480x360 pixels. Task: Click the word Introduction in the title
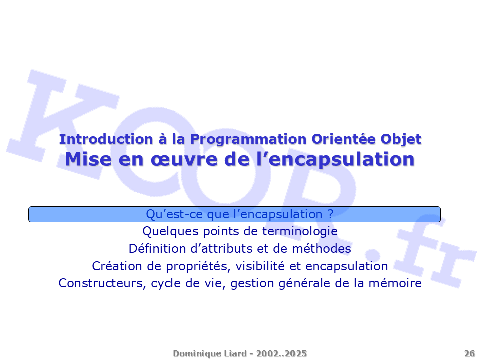(106, 139)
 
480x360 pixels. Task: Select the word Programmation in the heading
(248, 140)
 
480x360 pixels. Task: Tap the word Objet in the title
(401, 140)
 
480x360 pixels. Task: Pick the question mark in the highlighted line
(330, 214)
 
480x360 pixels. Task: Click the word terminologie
(300, 231)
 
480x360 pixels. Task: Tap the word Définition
(157, 249)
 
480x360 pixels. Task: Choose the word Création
(117, 266)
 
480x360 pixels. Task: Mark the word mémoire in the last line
(395, 283)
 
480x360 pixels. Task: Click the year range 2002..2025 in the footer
(281, 353)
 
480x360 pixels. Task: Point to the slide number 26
(469, 353)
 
